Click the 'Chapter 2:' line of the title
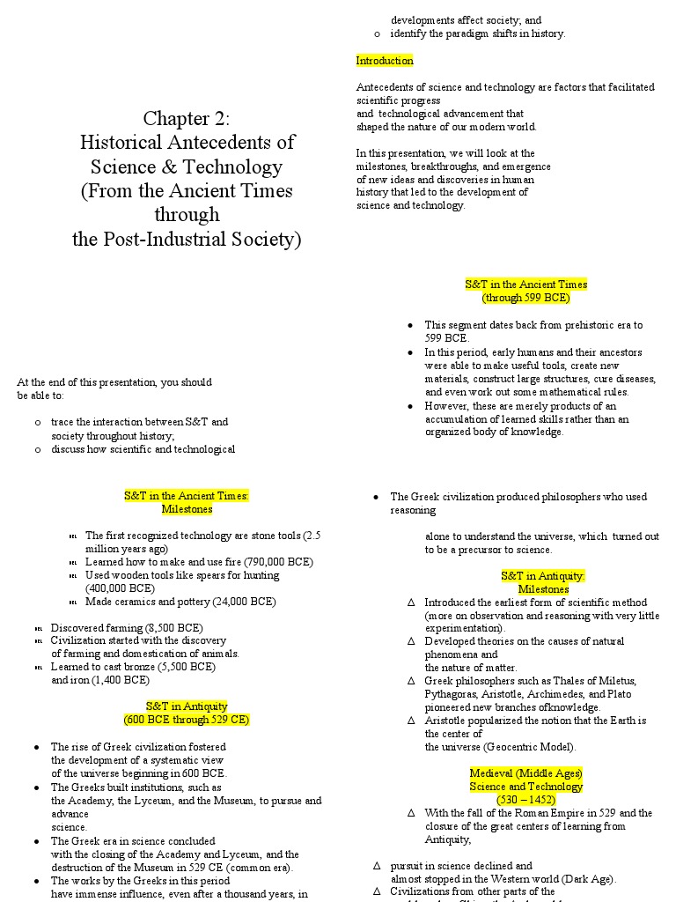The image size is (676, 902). (x=187, y=118)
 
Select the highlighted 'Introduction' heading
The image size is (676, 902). (x=385, y=61)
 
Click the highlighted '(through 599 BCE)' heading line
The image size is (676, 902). (x=525, y=298)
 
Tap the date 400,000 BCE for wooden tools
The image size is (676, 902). (x=120, y=588)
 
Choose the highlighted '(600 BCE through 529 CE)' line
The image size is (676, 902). (x=187, y=720)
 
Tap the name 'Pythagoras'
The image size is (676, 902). (x=452, y=694)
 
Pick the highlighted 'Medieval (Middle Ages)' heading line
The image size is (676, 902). (x=525, y=773)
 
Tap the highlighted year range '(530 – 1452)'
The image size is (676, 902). (x=525, y=799)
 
